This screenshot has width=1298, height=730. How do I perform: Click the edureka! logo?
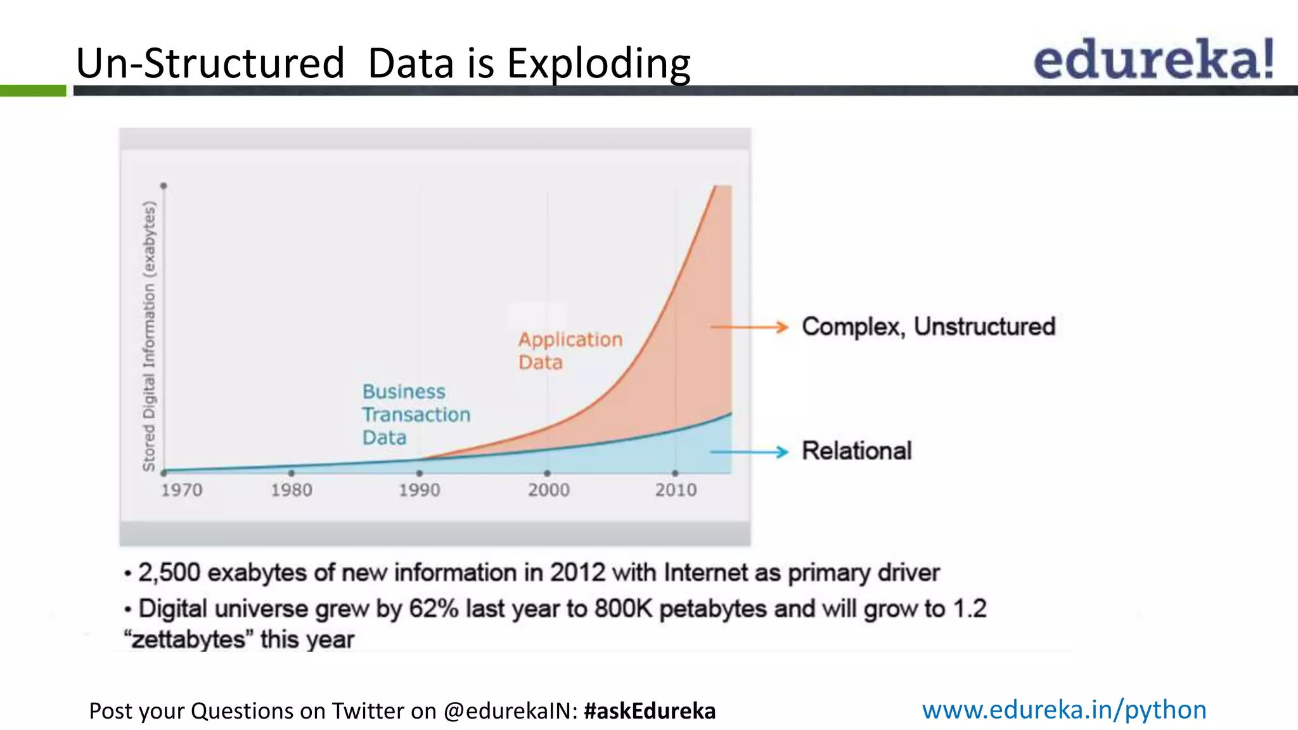pyautogui.click(x=1153, y=59)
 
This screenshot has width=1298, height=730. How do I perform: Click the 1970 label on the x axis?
pyautogui.click(x=181, y=490)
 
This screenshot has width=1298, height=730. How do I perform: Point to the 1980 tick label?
pyautogui.click(x=292, y=490)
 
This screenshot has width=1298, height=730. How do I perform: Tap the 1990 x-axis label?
pyautogui.click(x=419, y=490)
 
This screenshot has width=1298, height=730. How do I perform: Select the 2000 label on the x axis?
pyautogui.click(x=548, y=490)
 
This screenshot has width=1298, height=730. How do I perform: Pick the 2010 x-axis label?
pyautogui.click(x=676, y=490)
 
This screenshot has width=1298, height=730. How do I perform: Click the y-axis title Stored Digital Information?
pyautogui.click(x=149, y=336)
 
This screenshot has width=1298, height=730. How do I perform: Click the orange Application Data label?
pyautogui.click(x=570, y=350)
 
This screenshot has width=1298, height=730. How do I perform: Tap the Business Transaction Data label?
pyautogui.click(x=415, y=414)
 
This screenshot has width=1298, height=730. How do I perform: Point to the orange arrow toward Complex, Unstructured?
pyautogui.click(x=749, y=327)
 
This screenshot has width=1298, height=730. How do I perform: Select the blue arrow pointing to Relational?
pyautogui.click(x=749, y=452)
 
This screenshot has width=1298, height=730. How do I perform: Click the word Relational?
pyautogui.click(x=856, y=451)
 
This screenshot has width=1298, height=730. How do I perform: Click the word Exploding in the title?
pyautogui.click(x=598, y=64)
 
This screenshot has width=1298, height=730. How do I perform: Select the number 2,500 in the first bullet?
pyautogui.click(x=169, y=573)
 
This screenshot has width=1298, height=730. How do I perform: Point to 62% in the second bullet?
pyautogui.click(x=434, y=609)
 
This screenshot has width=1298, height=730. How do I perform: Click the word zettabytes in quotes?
pyautogui.click(x=188, y=639)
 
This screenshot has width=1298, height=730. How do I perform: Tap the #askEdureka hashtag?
pyautogui.click(x=650, y=711)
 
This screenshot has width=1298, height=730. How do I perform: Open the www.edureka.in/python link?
pyautogui.click(x=1063, y=710)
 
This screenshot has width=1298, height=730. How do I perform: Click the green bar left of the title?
pyautogui.click(x=32, y=91)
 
